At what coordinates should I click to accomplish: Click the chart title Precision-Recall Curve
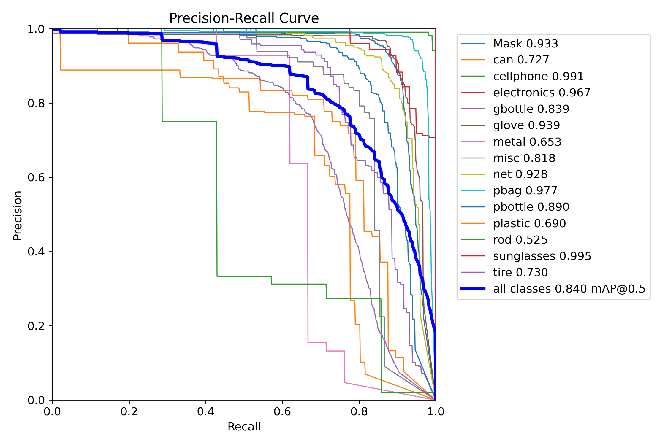tap(244, 18)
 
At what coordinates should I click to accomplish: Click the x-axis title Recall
tap(244, 427)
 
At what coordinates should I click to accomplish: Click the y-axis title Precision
tap(18, 215)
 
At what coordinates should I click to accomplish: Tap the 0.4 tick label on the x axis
tap(205, 411)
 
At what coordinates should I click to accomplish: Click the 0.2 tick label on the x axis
tap(129, 411)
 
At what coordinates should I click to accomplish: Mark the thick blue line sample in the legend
tap(473, 289)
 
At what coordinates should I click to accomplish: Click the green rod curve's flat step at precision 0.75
tap(189, 121)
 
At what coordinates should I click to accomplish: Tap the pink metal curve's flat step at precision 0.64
tap(299, 163)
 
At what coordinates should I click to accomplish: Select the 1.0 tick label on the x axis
tap(436, 411)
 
